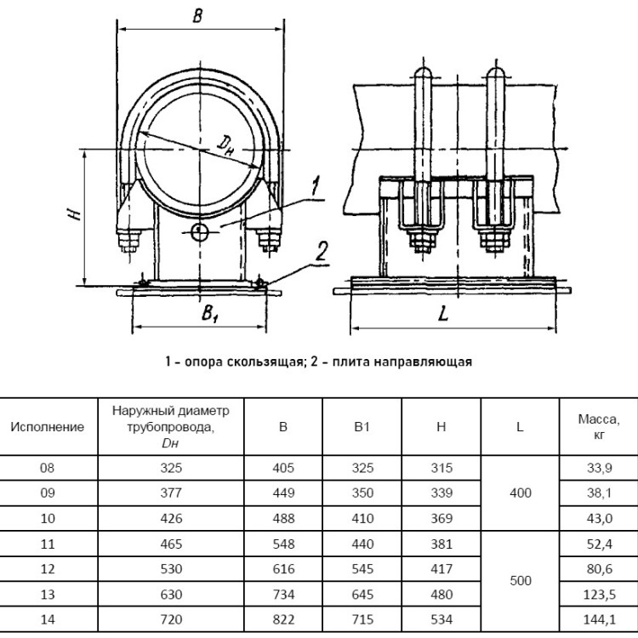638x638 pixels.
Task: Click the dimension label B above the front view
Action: coord(197,16)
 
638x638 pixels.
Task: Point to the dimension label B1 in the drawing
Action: coord(209,313)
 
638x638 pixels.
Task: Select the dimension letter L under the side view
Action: coord(443,313)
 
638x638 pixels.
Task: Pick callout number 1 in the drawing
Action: coord(315,187)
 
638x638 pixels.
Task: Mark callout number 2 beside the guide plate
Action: coord(322,252)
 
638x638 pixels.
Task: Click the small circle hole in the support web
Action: coord(200,233)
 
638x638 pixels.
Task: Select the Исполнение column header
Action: coord(47,426)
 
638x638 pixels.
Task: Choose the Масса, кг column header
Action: coord(599,426)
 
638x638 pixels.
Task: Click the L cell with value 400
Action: coord(521,493)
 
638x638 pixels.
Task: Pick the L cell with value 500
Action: coord(521,581)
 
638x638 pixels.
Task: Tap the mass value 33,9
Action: coord(599,468)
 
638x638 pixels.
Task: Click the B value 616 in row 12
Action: coord(283,569)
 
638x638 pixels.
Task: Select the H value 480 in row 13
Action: coord(441,595)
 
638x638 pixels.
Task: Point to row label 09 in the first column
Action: coord(47,493)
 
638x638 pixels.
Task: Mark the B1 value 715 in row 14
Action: coord(362,619)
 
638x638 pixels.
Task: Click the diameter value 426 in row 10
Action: coord(171,518)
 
